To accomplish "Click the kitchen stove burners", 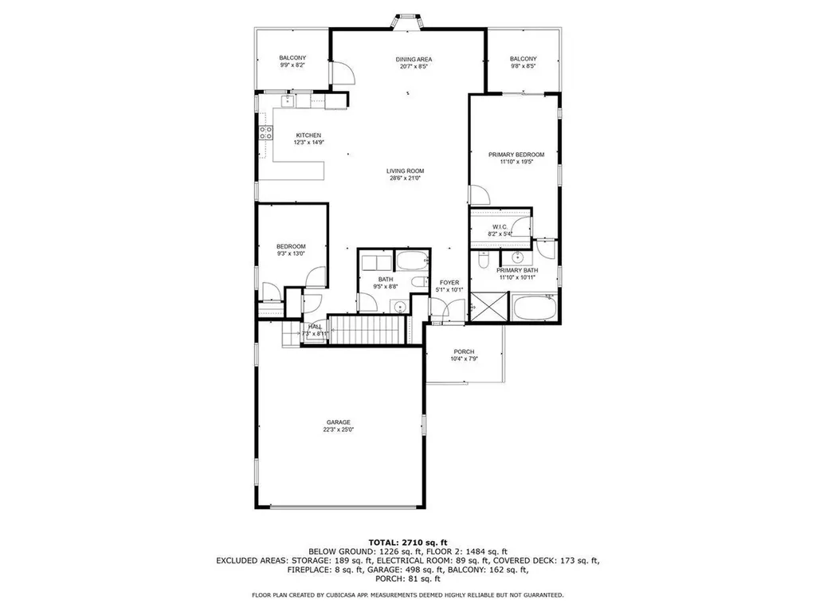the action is point(266,133).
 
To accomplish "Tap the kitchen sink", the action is point(288,100).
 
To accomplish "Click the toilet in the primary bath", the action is point(483,261).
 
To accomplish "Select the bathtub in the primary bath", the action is point(535,308).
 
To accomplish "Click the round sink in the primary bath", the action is point(518,257).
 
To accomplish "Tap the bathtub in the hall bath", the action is point(412,261).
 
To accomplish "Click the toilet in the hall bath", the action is point(419,283).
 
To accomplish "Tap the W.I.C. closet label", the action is point(500,227).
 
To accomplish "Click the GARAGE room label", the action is point(338,422).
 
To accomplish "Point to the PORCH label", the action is point(464,351).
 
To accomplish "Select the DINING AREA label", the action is point(414,59).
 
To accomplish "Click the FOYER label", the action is point(449,283).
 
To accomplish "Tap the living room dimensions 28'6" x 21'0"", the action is point(405,178).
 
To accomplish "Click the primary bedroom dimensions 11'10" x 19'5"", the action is point(516,162).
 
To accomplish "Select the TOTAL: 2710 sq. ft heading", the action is point(408,542).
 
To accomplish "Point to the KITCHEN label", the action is point(308,135).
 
